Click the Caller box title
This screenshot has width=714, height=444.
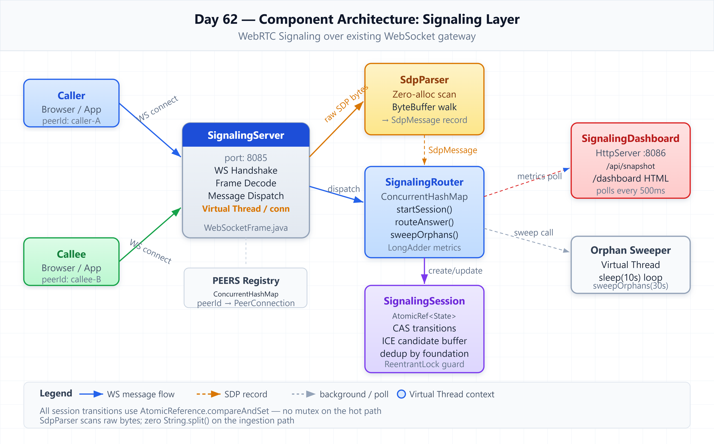71,96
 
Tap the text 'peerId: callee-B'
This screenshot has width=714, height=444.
71,279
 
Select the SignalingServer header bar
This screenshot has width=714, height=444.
246,135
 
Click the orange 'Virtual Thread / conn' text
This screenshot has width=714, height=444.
246,209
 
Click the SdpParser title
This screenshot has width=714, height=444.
424,80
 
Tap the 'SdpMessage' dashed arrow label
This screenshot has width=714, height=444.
453,150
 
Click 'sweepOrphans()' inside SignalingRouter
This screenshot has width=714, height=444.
424,235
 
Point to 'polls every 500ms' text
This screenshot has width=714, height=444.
631,191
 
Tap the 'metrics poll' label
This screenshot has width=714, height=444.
539,176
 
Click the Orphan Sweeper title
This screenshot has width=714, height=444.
631,250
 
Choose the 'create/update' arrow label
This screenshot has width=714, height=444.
455,271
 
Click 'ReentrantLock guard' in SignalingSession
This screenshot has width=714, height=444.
424,364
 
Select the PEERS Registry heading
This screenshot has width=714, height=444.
246,281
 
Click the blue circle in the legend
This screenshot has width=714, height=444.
401,394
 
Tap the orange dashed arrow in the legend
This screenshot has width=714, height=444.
209,394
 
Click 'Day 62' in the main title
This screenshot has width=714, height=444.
216,19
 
